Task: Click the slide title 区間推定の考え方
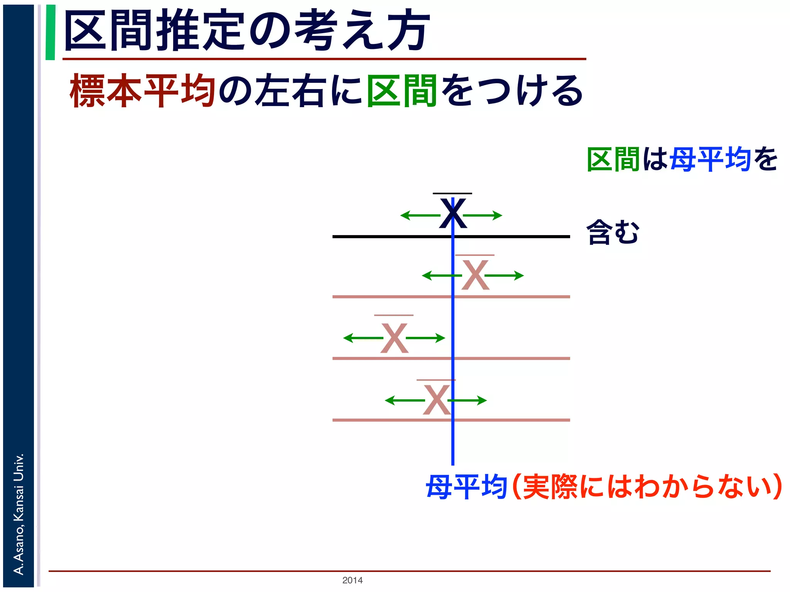[247, 31]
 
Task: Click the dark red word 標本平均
[142, 91]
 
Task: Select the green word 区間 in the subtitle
[402, 91]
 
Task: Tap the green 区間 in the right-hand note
[613, 159]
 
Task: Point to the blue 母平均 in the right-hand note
[710, 159]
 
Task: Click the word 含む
[613, 232]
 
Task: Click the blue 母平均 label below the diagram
[466, 487]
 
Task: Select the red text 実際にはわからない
[648, 487]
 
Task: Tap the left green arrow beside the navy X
[420, 215]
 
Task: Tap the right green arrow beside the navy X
[483, 215]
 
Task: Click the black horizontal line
[386, 237]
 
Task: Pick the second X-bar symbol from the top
[475, 274]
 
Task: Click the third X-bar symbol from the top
[394, 338]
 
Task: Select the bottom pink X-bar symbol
[436, 399]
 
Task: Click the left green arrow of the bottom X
[404, 400]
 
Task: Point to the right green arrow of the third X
[426, 338]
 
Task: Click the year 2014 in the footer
[352, 580]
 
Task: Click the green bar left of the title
[50, 32]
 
